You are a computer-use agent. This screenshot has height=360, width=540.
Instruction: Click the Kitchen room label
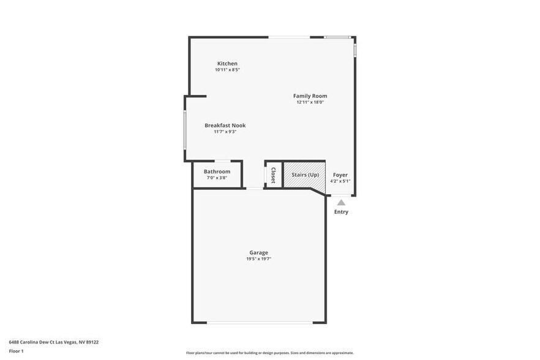tap(227, 64)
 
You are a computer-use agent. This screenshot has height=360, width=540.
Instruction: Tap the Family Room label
tap(310, 96)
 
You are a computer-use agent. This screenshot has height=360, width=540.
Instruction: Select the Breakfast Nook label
tap(225, 126)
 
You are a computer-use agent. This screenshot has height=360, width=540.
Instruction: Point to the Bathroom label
tap(217, 171)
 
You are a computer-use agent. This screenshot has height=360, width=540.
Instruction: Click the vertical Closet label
tap(273, 175)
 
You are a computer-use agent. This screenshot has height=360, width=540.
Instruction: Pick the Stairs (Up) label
tap(305, 175)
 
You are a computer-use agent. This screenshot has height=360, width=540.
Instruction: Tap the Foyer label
tap(340, 175)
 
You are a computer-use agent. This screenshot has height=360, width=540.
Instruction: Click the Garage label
tap(258, 253)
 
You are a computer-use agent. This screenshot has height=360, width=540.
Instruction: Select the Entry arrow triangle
tap(341, 203)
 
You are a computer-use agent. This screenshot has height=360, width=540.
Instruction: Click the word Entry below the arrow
tap(341, 212)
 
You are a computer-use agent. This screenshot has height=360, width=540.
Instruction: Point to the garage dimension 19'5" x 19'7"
tap(258, 259)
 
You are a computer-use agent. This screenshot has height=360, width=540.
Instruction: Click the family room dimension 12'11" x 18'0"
tap(310, 102)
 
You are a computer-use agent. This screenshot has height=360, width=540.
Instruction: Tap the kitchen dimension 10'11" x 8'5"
tap(227, 70)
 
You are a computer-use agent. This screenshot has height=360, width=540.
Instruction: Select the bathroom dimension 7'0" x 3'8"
tap(217, 178)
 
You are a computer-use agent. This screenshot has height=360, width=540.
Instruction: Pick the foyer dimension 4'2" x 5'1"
tap(340, 181)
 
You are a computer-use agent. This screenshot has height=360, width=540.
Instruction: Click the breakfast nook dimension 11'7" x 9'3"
tap(225, 132)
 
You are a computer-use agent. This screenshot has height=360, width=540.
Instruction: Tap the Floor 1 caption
tap(16, 351)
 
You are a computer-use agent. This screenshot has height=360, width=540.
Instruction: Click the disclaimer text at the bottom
tap(269, 353)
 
